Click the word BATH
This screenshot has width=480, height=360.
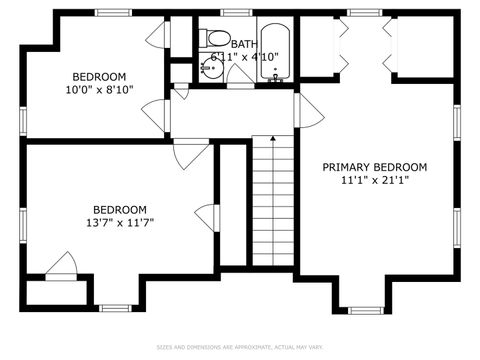[244, 44]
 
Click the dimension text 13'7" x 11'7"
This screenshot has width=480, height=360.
[120, 222]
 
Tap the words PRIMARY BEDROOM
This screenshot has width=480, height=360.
[374, 167]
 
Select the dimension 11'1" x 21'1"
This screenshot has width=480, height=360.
[374, 181]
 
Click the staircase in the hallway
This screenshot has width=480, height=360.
[273, 200]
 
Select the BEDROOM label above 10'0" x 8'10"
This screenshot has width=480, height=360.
[99, 77]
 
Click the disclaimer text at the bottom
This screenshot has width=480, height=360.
[240, 347]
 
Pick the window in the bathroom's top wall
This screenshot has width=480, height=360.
[236, 12]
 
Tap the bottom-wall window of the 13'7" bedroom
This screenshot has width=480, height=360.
[113, 306]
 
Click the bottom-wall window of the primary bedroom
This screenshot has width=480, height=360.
[363, 307]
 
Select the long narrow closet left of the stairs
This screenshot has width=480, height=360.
[232, 205]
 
